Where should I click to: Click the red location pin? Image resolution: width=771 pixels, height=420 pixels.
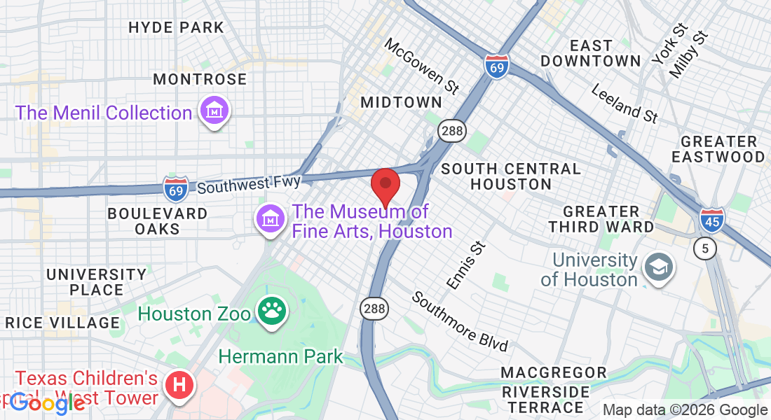[385, 186]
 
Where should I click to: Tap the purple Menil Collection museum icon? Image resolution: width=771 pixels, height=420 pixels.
[214, 111]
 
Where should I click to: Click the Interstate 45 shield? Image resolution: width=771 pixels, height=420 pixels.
[711, 220]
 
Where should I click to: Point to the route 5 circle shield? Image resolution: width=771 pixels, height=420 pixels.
[705, 248]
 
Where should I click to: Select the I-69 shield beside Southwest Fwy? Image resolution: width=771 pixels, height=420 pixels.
[175, 188]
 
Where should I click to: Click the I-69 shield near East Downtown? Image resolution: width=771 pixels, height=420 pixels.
[496, 66]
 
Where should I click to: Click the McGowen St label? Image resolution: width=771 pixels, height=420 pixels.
[422, 65]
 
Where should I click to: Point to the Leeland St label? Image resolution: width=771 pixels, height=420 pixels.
[625, 104]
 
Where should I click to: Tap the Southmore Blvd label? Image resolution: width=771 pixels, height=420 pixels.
[459, 321]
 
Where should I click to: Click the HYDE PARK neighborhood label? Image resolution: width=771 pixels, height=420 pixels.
[176, 28]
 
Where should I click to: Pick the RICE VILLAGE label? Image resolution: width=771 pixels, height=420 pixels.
[62, 323]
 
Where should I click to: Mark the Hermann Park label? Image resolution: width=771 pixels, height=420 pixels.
[280, 356]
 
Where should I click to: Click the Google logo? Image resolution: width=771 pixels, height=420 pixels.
[47, 402]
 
